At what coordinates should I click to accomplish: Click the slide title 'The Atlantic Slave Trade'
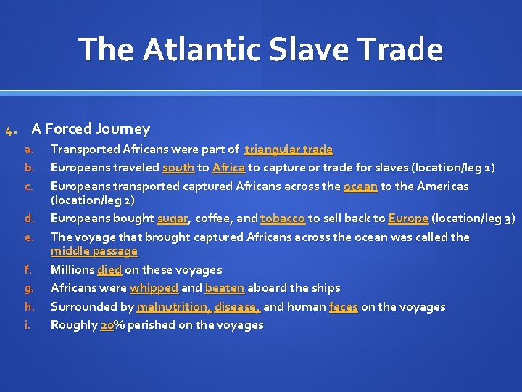point(260,49)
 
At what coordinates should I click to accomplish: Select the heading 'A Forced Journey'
point(91,129)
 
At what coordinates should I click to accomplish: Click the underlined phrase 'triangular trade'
point(289,150)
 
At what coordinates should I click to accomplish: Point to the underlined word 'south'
point(178,168)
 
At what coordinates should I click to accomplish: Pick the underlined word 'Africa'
point(228,168)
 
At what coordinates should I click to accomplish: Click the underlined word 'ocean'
point(360,187)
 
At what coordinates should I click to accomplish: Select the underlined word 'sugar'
point(173,219)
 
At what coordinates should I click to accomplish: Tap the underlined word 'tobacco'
point(282,219)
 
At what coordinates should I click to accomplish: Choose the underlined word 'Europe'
point(408,219)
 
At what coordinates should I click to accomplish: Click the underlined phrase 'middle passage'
point(94,251)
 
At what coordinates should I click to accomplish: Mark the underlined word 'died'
point(109,270)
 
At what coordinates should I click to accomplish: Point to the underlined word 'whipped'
point(154,288)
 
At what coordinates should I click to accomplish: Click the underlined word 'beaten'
point(225,288)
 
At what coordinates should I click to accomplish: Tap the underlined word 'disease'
point(236,307)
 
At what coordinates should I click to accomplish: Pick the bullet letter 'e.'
point(28,237)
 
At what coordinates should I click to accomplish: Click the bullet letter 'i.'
point(28,325)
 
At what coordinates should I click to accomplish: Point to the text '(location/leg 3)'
point(473,219)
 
